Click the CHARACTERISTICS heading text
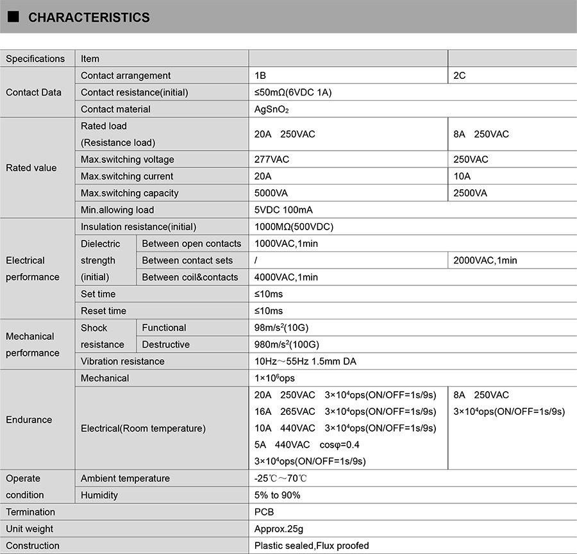(x=89, y=18)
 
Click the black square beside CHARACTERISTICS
(x=13, y=17)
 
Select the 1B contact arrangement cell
(x=260, y=76)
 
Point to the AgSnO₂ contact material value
(x=272, y=110)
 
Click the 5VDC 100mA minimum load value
(x=283, y=210)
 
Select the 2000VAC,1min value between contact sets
(x=485, y=260)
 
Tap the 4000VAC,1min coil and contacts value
(x=286, y=277)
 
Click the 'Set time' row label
(x=98, y=294)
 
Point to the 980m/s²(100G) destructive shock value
(x=286, y=344)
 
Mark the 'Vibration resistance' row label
(x=122, y=361)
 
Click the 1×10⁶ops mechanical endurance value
(x=274, y=378)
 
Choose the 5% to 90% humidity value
(x=277, y=495)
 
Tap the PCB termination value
(x=264, y=512)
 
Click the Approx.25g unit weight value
(x=279, y=529)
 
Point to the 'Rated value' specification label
(x=31, y=168)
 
